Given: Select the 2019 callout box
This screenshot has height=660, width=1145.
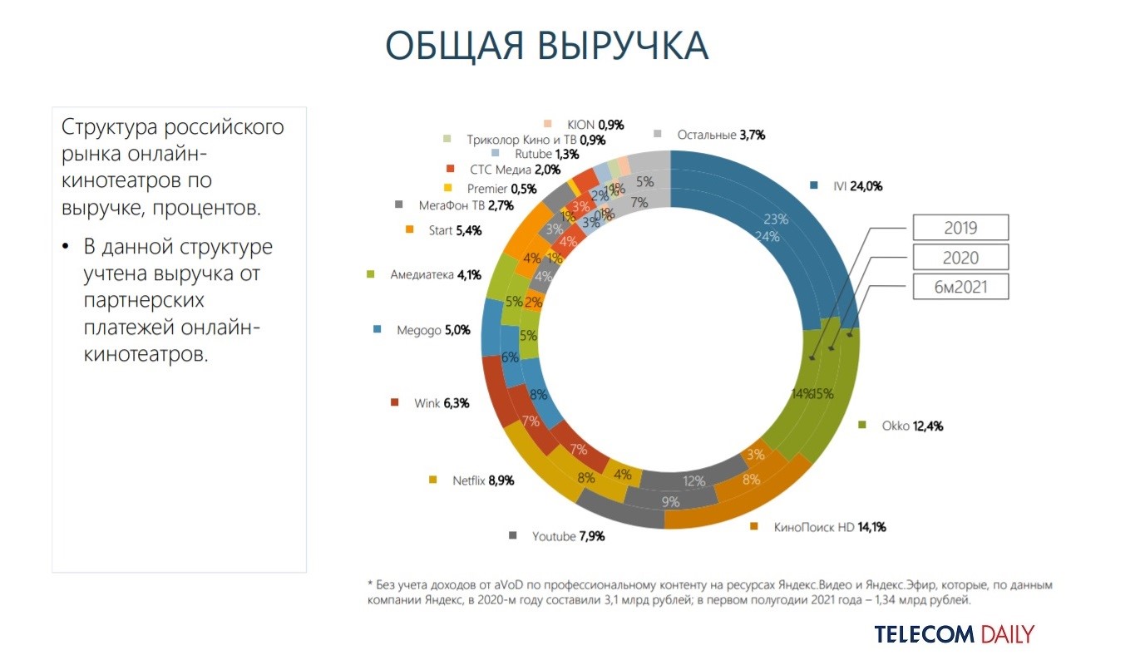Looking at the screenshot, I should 960,227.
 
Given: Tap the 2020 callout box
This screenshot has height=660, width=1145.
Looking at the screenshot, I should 960,257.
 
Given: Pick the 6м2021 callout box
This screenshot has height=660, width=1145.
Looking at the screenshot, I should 960,287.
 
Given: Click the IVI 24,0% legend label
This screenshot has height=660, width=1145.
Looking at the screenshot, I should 856,186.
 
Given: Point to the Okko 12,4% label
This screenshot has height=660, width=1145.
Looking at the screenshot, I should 911,426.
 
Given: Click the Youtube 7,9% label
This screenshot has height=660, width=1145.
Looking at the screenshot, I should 568,536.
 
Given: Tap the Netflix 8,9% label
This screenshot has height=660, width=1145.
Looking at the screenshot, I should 482,480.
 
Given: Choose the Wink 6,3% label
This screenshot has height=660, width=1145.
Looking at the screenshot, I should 442,403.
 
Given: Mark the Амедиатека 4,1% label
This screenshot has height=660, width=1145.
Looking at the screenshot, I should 435,273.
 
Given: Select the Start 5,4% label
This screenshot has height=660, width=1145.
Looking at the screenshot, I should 455,229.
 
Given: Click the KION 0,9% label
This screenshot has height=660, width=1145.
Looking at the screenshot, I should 595,125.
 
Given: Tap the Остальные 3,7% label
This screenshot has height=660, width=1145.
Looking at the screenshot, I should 720,134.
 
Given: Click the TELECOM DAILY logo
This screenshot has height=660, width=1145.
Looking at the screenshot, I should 954,634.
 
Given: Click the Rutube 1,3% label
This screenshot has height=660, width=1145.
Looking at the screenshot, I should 547,154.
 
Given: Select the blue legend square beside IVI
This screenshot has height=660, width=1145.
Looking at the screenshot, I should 814,186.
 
